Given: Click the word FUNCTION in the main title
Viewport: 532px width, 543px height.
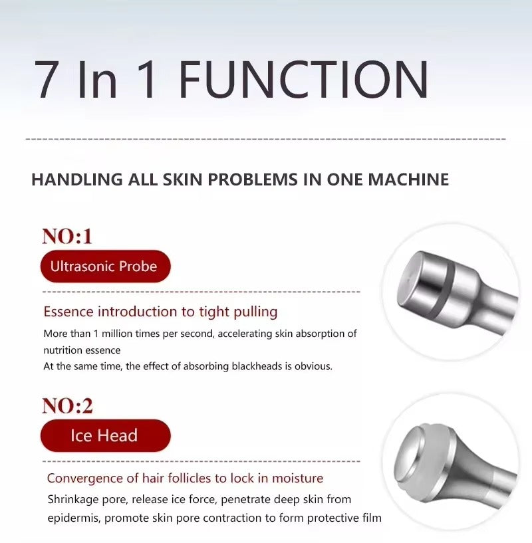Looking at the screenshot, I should [x=303, y=80].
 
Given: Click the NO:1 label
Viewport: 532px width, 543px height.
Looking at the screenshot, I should [x=66, y=236].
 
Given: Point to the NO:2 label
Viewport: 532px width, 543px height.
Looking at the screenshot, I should [x=66, y=405].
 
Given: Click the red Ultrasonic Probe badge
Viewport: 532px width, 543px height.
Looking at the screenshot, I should [x=104, y=267].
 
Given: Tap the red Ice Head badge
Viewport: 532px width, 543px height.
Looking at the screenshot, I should [x=104, y=436].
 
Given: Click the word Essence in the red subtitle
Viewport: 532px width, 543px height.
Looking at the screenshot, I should [x=68, y=312].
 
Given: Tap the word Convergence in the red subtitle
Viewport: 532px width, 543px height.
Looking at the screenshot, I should [x=84, y=478].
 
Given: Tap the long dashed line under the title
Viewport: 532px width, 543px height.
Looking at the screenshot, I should [x=266, y=140].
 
